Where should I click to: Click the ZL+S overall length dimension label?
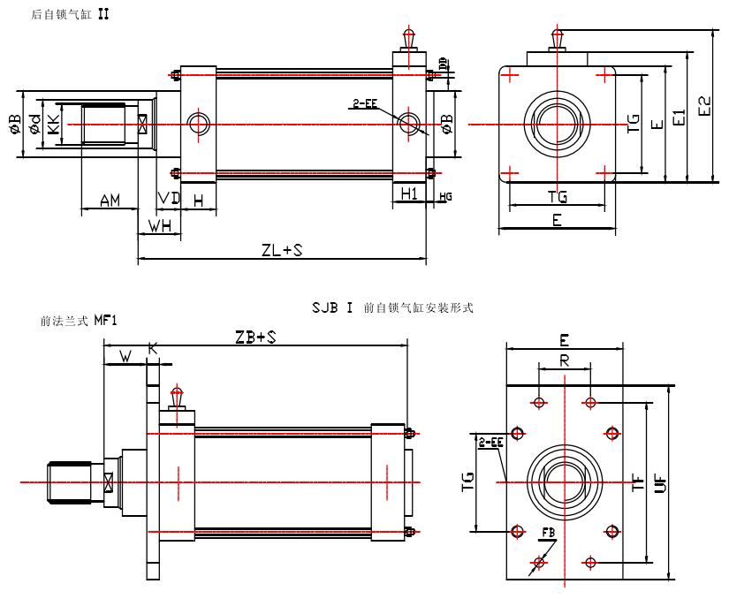tap(282, 250)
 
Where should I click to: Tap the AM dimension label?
tap(110, 201)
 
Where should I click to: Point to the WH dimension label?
tap(160, 226)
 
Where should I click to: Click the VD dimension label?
tap(169, 199)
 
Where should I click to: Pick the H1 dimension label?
tap(409, 193)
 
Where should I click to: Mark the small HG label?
tap(445, 196)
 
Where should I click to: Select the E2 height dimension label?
tap(703, 106)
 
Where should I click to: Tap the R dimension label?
tap(565, 360)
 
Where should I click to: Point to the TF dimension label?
tap(636, 482)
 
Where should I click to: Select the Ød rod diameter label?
tap(34, 125)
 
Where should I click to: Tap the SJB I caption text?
tap(332, 308)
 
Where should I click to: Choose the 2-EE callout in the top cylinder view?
tap(364, 103)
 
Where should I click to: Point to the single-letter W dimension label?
tap(125, 357)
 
